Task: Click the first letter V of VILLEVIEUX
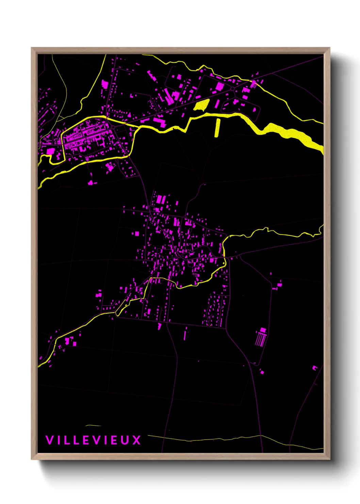(49, 440)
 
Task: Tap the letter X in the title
(136, 440)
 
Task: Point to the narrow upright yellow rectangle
(218, 127)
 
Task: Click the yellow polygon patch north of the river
(201, 105)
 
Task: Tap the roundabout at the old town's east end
(113, 127)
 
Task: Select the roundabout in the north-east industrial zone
(232, 89)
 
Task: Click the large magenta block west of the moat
(50, 151)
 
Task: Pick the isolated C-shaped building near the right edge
(315, 368)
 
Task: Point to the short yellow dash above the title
(94, 425)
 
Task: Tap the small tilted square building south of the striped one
(262, 372)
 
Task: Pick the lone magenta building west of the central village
(137, 234)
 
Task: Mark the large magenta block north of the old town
(105, 84)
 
